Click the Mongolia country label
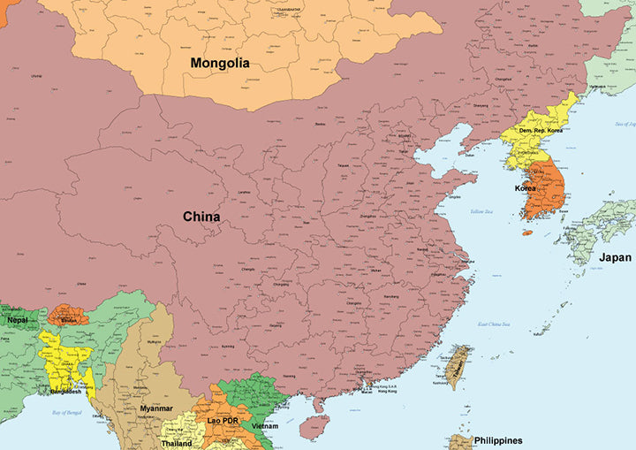(x=220, y=64)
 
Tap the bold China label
(x=201, y=217)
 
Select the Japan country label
(x=615, y=258)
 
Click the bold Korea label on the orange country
(x=526, y=188)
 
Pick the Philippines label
(x=497, y=440)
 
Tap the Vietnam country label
(x=265, y=426)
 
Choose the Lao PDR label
(x=223, y=421)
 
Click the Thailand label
(x=177, y=443)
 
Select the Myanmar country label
(x=156, y=408)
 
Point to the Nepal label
(x=18, y=319)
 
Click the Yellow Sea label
(x=481, y=212)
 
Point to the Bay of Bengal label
(x=66, y=413)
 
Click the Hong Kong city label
(x=387, y=391)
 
